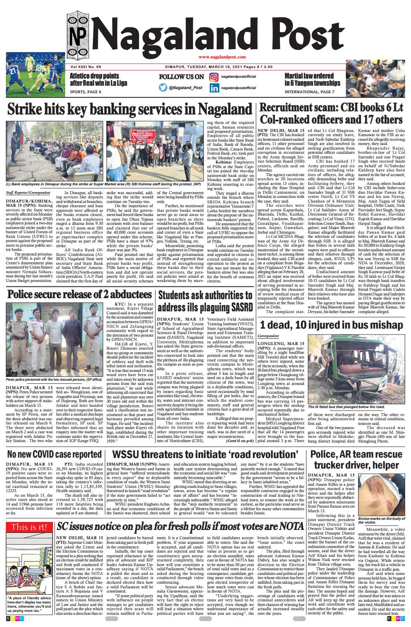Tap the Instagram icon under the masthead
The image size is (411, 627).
tap(214, 77)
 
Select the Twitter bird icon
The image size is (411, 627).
tap(163, 88)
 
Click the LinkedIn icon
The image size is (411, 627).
tap(214, 88)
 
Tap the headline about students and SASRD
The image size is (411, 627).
tap(205, 289)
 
